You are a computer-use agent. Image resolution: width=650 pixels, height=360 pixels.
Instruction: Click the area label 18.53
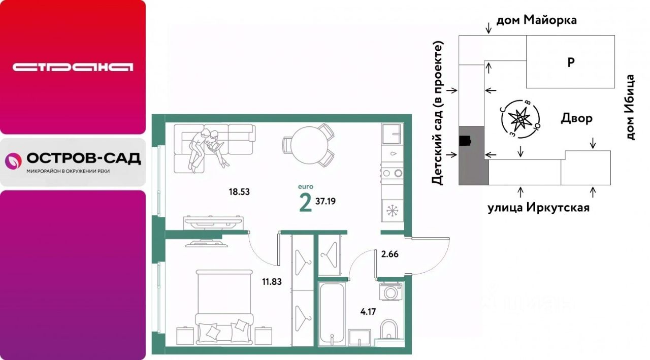click(239, 192)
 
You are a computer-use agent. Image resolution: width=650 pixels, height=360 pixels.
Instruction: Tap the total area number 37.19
click(326, 201)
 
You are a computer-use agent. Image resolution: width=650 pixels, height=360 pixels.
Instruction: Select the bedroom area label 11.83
click(272, 282)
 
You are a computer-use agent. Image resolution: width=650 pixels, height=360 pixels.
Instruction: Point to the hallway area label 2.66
click(389, 254)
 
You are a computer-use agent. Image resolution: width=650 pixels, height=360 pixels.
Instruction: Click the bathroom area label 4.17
click(368, 312)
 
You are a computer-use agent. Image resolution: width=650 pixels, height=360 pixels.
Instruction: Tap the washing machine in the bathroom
click(391, 291)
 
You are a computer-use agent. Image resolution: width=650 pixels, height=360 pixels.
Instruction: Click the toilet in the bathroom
click(389, 331)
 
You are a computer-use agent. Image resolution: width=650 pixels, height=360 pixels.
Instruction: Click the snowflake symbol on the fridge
click(392, 211)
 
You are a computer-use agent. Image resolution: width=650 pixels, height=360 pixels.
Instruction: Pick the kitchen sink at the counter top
click(393, 134)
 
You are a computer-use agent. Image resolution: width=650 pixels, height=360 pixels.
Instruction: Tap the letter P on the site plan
click(571, 62)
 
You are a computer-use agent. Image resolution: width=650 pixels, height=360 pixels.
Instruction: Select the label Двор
click(576, 118)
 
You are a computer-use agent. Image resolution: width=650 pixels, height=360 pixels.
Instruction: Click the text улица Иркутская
click(539, 208)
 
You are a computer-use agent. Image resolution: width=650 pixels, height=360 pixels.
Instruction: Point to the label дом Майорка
click(537, 20)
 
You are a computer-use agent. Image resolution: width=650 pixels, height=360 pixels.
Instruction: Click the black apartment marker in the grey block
click(465, 141)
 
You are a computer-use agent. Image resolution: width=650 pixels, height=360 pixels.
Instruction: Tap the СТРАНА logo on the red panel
click(73, 68)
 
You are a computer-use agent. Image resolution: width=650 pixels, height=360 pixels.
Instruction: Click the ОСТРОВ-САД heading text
click(84, 158)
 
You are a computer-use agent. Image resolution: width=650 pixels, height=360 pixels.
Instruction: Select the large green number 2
click(305, 203)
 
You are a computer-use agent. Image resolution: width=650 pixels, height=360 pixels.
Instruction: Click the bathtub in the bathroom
click(332, 314)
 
